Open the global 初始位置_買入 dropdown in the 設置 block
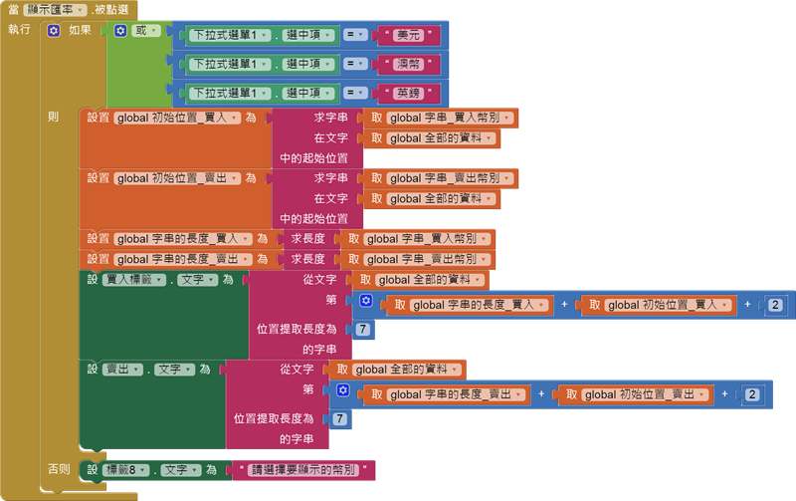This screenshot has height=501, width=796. (178, 118)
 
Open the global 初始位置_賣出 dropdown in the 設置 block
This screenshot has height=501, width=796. (178, 178)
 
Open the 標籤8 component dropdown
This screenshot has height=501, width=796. (129, 469)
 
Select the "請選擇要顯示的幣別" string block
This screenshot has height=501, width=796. (301, 469)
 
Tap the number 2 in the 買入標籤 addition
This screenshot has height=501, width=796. (775, 305)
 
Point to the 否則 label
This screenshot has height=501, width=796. (59, 469)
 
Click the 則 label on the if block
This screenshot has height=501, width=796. (53, 117)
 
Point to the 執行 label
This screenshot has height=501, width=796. (19, 30)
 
